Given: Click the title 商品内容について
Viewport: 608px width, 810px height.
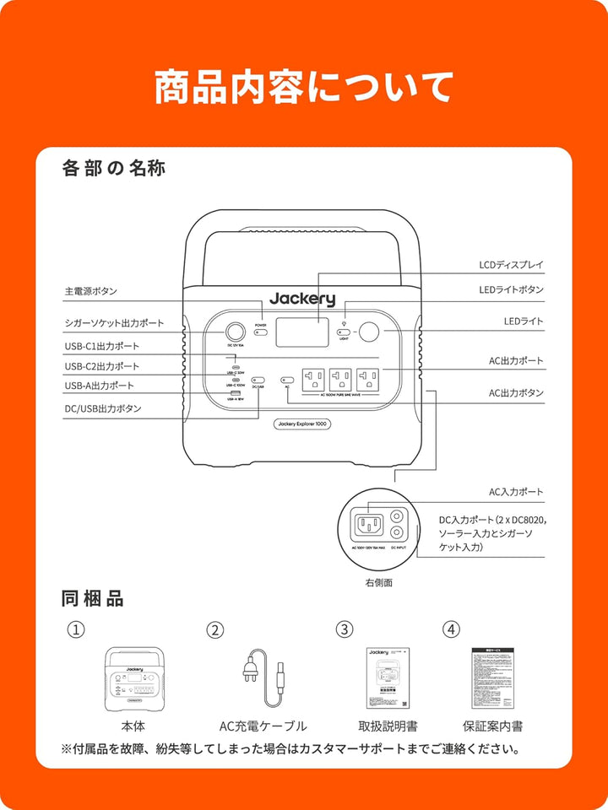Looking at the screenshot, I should (x=304, y=87).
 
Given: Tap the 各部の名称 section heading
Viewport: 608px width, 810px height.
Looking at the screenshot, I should (x=114, y=169).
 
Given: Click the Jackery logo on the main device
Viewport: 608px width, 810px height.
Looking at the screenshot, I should (x=302, y=299).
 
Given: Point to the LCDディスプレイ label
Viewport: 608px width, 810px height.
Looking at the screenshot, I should (x=511, y=265).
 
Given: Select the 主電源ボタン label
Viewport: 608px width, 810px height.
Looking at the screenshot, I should (x=91, y=291).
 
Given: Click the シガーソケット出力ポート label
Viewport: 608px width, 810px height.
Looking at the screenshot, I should (x=114, y=323).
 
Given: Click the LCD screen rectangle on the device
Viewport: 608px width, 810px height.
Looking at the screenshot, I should (x=301, y=332).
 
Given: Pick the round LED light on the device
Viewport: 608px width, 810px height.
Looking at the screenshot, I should (x=369, y=332).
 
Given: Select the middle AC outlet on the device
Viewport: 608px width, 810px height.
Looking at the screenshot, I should (x=340, y=377).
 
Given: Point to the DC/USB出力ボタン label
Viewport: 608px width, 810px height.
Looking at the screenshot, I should (x=103, y=408).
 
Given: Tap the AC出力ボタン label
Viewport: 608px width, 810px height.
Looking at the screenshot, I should (x=516, y=393).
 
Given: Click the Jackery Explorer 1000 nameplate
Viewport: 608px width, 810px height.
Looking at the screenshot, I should (x=302, y=424).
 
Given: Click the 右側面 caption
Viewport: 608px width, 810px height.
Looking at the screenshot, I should (x=378, y=582).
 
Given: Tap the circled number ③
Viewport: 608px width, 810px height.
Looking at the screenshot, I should (x=344, y=629).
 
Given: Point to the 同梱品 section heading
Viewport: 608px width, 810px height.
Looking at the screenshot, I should (x=93, y=599).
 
